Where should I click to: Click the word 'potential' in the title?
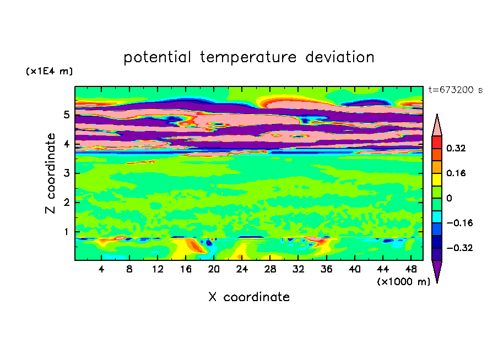pos(157,57)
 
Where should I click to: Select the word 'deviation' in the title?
pos(340,57)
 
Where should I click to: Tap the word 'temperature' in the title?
pos(248,57)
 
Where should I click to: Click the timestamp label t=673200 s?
pos(456,90)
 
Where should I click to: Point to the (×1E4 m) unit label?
pos(49,71)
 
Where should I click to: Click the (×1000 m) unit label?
pos(403,281)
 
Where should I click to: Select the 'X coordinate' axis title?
pos(249,297)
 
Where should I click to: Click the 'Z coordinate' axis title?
pos(50,173)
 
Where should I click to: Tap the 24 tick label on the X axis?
pos(242,269)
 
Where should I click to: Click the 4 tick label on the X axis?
pos(101,269)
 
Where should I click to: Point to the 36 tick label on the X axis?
pos(326,269)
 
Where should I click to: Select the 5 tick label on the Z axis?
pos(66,114)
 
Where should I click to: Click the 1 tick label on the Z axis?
pos(66,232)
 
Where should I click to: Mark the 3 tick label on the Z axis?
pos(66,173)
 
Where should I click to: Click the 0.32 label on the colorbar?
pos(456,148)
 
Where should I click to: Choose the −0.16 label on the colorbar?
pos(459,223)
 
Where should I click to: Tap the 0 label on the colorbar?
pos(449,198)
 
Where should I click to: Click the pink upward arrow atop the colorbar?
pos(437,125)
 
